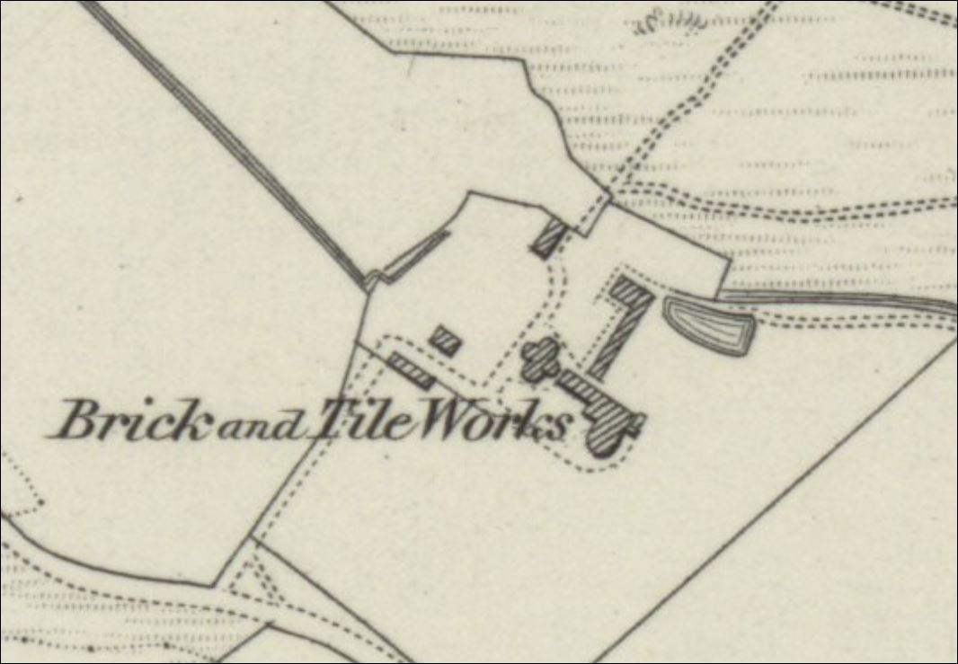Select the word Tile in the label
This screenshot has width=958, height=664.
click(x=355, y=421)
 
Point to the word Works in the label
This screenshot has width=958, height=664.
click(x=490, y=422)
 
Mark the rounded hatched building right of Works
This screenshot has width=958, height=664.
click(x=610, y=429)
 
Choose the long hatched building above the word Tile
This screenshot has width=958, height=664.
click(x=411, y=369)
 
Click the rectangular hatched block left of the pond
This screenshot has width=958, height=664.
click(x=630, y=293)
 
